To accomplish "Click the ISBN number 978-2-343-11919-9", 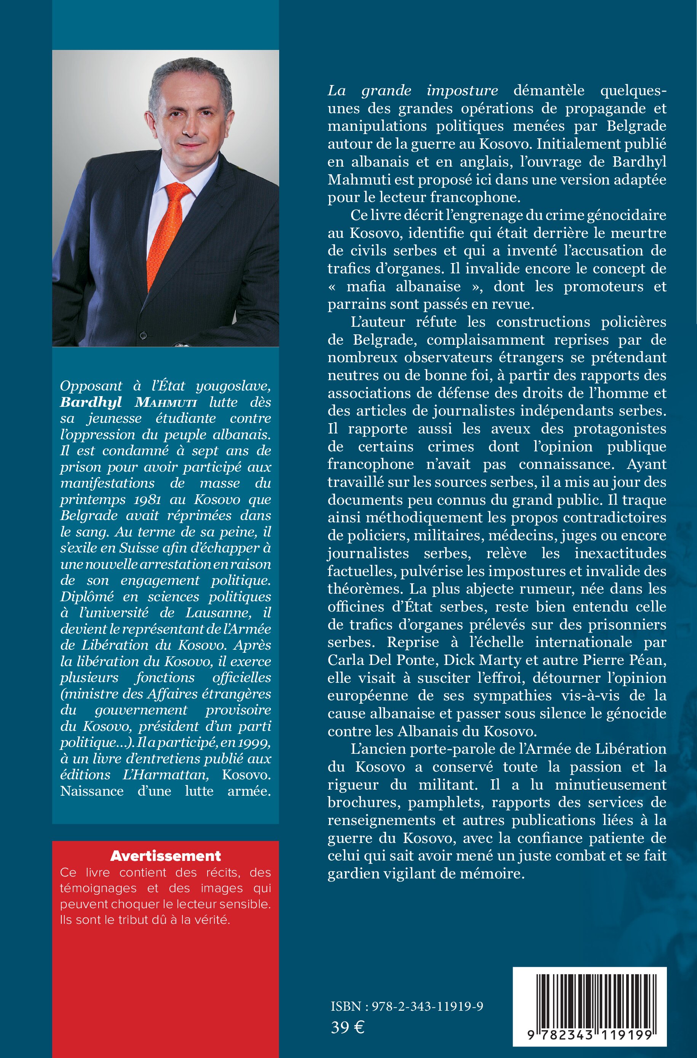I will [427, 1007].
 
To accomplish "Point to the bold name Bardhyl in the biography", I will [91, 402].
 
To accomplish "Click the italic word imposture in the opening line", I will [462, 90].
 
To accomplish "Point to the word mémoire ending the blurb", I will [493, 873].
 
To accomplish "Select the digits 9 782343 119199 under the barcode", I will [590, 1035].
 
